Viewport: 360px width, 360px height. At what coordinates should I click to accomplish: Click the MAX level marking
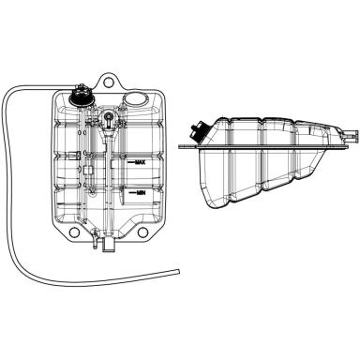[x=141, y=162]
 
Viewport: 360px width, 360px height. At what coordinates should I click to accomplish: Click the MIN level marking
[x=142, y=193]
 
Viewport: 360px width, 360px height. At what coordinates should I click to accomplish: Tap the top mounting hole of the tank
[x=108, y=82]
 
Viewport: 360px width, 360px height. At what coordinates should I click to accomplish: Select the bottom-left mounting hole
[x=74, y=232]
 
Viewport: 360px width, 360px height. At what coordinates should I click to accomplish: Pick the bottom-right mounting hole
[x=142, y=232]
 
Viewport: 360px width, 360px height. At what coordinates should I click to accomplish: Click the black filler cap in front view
[x=80, y=96]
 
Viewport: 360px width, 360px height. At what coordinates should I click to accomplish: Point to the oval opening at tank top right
[x=135, y=99]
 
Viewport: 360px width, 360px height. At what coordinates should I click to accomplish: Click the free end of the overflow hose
[x=178, y=271]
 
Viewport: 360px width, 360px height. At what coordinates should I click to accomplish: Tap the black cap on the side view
[x=198, y=131]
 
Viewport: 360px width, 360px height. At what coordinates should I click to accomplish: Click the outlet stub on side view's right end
[x=351, y=135]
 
